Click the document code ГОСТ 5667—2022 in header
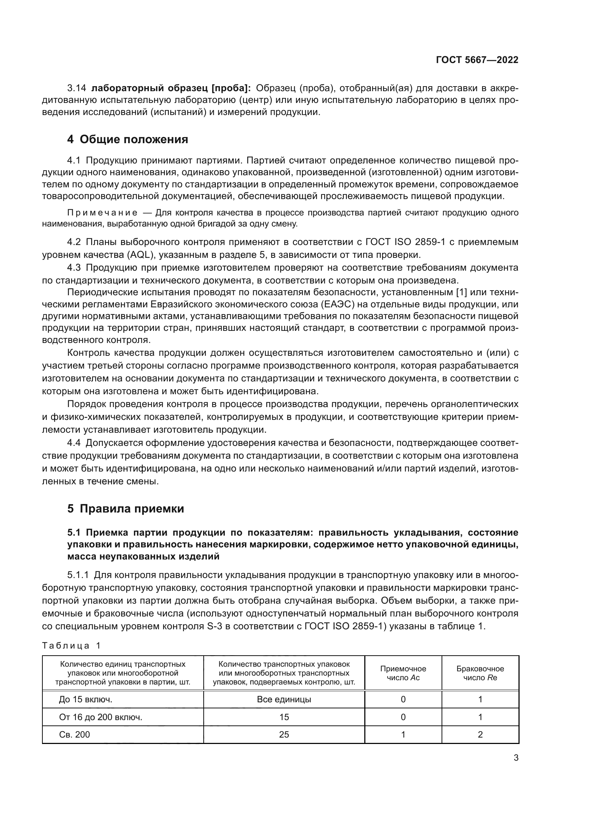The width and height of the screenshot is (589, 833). pos(477,60)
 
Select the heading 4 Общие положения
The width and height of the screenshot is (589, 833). pos(128,139)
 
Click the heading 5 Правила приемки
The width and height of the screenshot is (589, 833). pos(125,509)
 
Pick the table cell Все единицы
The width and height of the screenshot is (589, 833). pos(284,699)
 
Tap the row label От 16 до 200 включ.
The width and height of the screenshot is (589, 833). pos(100,717)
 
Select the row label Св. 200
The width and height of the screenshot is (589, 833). pos(74,734)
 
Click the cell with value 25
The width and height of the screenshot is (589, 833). pos(284,734)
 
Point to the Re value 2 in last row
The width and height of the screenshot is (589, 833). pos(480,734)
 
